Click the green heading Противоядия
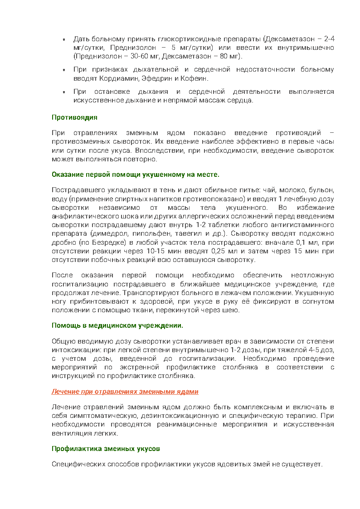pos(74,117)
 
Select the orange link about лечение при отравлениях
pos(125,392)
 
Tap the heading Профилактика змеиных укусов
pos(106,449)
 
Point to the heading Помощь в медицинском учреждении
pos(117,325)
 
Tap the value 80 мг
pos(229,56)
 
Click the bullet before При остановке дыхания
pos(64,92)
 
